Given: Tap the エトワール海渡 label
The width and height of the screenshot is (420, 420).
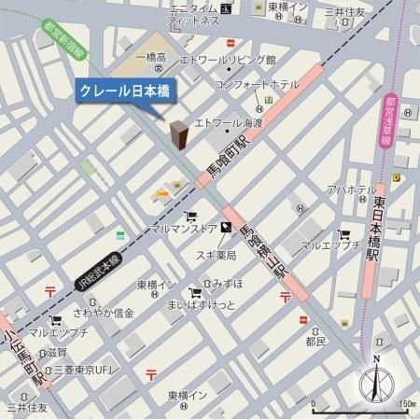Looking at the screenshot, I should (229, 121).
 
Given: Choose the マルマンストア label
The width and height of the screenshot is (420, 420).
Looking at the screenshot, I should (183, 227).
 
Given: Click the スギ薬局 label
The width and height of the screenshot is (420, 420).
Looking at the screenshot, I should (217, 255).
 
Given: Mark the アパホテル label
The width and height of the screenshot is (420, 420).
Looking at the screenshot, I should (351, 189).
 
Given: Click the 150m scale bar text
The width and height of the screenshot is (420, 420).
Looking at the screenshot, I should (405, 404).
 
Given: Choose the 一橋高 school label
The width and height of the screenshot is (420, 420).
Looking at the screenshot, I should (149, 58).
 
